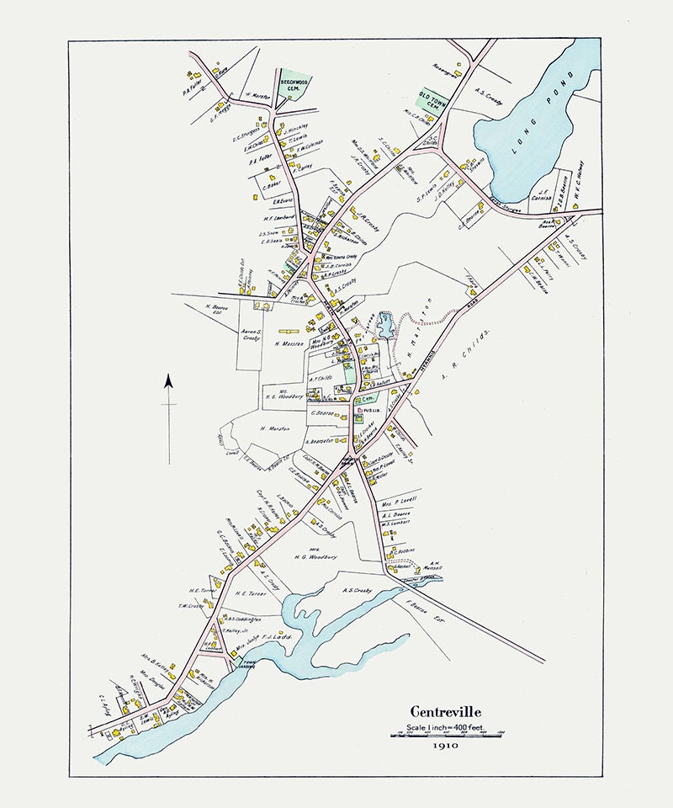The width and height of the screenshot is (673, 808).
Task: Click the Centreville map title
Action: coord(446,712)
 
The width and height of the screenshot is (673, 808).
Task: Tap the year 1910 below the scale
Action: coord(446,745)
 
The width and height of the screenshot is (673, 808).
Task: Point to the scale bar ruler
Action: coord(446,736)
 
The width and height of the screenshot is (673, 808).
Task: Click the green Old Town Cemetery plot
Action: coord(432,103)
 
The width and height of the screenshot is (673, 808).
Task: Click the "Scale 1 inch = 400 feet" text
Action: coord(446,726)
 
